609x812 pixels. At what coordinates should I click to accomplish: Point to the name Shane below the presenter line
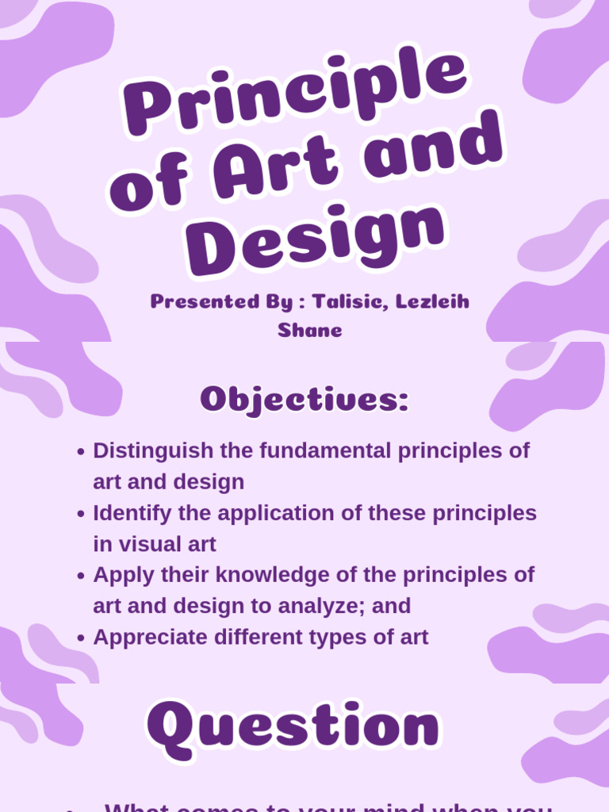pyautogui.click(x=310, y=331)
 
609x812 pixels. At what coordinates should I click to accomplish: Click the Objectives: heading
pyautogui.click(x=304, y=399)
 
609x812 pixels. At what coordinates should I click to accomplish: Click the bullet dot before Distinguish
pyautogui.click(x=81, y=452)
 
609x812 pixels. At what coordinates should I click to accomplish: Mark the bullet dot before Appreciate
pyautogui.click(x=81, y=638)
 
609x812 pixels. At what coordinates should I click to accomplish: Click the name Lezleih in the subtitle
pyautogui.click(x=431, y=302)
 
